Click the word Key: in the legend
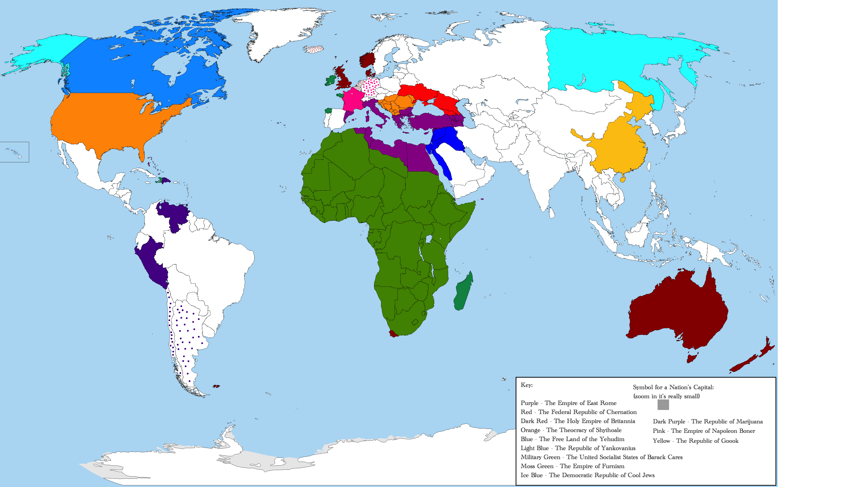pos(527,385)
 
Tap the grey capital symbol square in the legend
pos(663,405)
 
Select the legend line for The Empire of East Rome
pos(568,403)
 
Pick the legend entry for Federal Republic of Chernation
pos(578,412)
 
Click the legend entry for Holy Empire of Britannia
pos(578,421)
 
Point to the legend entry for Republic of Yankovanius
pos(578,448)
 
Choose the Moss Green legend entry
pos(572,466)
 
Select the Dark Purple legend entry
pos(708,421)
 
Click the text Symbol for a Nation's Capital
pos(673,387)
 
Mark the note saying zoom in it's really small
pos(666,396)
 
